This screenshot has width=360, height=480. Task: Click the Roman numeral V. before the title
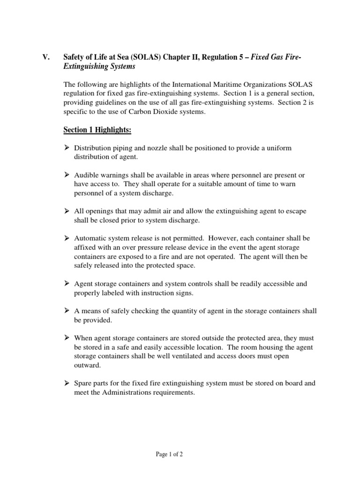[x=46, y=57]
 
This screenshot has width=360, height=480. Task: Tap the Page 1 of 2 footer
[x=170, y=454]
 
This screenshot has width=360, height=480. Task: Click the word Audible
[x=87, y=175]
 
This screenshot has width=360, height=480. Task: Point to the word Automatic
[x=91, y=238]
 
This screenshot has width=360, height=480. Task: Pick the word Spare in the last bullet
[x=83, y=383]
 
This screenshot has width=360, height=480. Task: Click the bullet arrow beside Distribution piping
[x=67, y=148]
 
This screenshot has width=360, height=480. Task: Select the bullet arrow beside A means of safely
[x=67, y=311]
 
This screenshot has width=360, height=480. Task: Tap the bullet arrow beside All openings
[x=67, y=211]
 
